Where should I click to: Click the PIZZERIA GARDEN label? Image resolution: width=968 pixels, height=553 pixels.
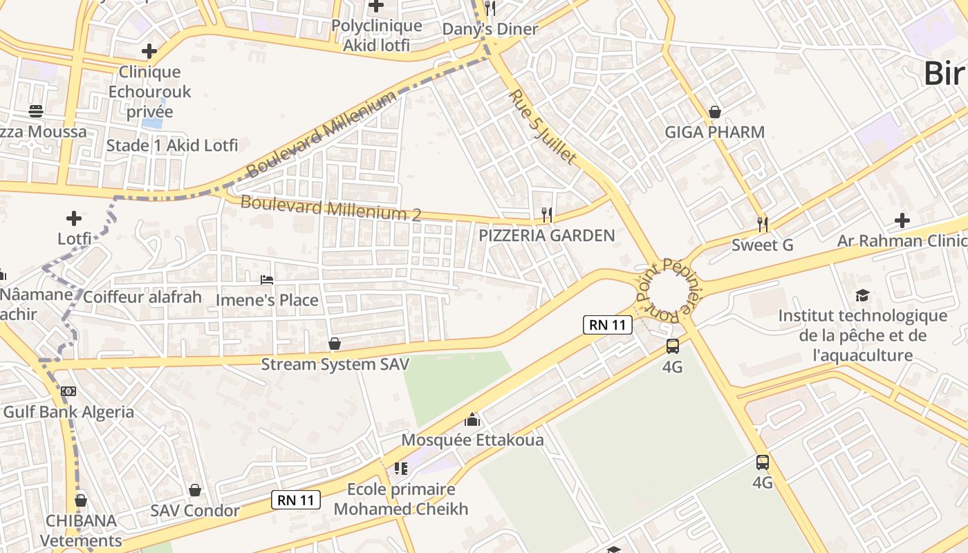point(546,236)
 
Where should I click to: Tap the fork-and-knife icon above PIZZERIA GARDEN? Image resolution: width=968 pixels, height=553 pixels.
point(546,215)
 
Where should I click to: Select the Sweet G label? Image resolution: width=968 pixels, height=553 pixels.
point(762,245)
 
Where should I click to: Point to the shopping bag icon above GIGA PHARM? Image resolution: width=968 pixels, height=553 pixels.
point(715,112)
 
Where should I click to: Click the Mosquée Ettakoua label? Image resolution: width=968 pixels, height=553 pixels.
point(472,440)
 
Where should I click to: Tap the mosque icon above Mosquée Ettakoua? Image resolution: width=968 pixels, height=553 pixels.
point(472,419)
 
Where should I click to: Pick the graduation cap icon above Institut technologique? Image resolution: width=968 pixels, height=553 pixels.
point(862,296)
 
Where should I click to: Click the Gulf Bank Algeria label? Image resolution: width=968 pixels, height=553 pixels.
point(68,413)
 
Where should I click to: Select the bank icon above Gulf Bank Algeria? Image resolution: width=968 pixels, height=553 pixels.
point(68,391)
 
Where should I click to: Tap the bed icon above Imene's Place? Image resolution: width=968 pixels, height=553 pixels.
point(267,279)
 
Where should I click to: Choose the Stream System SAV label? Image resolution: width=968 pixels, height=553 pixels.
point(335,364)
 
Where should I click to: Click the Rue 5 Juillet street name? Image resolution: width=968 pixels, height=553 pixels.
point(543,127)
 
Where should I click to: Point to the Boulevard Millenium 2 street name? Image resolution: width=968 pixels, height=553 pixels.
point(330,208)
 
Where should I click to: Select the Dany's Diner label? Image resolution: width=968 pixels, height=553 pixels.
point(490,29)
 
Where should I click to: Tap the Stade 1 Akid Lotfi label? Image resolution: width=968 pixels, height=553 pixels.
point(171,146)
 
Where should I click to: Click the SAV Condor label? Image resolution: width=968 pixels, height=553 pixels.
point(195,511)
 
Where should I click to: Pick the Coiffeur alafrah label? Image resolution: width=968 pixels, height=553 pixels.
point(142,297)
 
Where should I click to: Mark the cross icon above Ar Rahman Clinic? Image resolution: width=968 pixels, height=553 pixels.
point(902,221)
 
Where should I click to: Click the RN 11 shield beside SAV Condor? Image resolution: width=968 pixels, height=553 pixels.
point(297,500)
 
